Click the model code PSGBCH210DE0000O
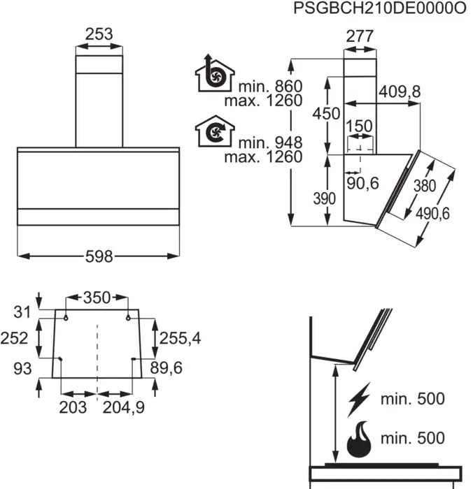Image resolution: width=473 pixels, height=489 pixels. (379, 8)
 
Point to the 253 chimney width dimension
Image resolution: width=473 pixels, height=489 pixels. (99, 34)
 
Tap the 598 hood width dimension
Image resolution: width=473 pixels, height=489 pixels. (99, 256)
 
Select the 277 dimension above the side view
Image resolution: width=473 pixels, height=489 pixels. (360, 36)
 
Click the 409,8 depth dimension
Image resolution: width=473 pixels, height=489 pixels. (400, 92)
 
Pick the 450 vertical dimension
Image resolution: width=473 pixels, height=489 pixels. (327, 113)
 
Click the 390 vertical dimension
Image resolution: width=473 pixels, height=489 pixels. (325, 198)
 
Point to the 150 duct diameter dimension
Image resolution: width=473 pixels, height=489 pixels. (359, 126)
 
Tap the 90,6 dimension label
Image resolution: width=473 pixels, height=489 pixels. (362, 183)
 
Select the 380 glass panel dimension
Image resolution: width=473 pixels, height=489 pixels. (425, 186)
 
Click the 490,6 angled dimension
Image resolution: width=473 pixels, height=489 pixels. (432, 214)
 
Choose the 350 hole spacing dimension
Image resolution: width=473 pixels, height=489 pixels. (97, 298)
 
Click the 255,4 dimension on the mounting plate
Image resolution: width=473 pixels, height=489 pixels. (181, 338)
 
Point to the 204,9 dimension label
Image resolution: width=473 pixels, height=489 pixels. (124, 407)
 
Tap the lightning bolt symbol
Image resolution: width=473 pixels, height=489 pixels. (360, 400)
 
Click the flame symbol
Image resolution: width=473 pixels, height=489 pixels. (359, 439)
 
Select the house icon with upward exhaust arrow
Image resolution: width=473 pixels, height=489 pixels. (215, 73)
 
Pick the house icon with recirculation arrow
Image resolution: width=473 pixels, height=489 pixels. (215, 131)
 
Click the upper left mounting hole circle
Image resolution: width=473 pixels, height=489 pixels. (66, 318)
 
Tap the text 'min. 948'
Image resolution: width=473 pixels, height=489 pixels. (271, 143)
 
